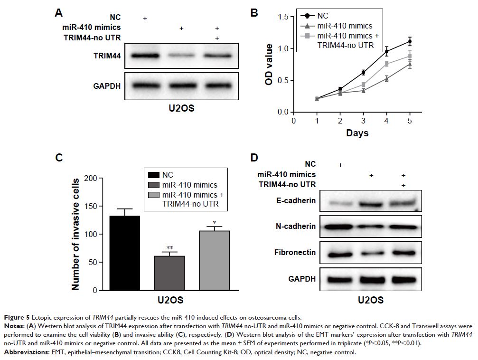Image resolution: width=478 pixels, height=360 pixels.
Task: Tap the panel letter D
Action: [254, 158]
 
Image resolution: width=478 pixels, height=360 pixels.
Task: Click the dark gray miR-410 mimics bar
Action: [169, 273]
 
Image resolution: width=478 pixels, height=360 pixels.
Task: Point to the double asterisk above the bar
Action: [169, 248]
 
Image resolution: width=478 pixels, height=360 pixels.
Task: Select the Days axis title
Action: [357, 133]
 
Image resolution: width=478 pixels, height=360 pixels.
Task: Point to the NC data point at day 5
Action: [409, 41]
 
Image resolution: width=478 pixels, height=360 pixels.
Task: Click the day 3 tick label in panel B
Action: [363, 120]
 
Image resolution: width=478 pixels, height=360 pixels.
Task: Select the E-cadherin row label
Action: [295, 201]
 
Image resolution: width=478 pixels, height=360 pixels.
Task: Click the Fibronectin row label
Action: [295, 252]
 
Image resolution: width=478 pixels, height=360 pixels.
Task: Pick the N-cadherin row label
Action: [295, 226]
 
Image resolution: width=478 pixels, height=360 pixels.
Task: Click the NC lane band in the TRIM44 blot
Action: [145, 56]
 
